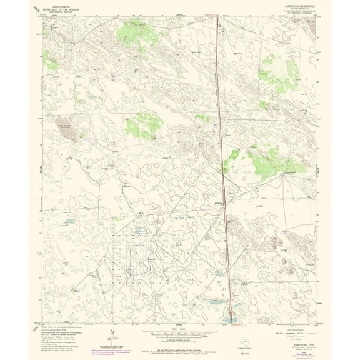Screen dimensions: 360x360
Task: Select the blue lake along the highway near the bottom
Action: click(x=230, y=320)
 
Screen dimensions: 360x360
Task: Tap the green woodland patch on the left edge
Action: click(x=51, y=62)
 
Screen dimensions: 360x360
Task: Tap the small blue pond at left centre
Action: click(x=70, y=221)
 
